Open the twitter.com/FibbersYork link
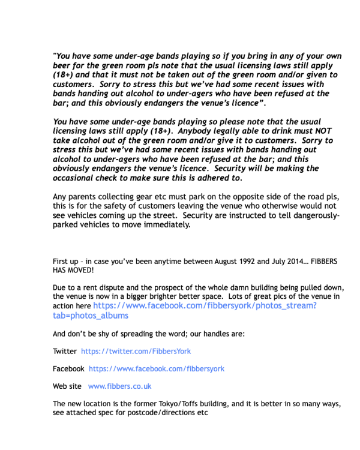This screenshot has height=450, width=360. (x=136, y=351)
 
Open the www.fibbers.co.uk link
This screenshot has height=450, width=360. (x=119, y=386)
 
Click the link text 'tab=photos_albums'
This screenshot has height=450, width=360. (x=90, y=316)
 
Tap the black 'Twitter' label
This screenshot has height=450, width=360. (x=65, y=351)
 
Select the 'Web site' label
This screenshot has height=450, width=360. (x=67, y=386)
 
